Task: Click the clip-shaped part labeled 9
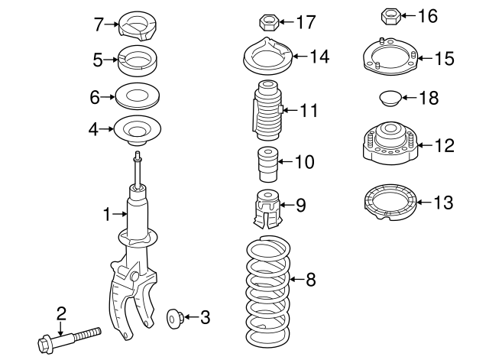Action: [265, 209]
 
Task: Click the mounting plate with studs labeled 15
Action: [389, 60]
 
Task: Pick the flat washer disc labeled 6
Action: [138, 97]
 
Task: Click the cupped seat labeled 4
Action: [137, 131]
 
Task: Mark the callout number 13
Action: [443, 203]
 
